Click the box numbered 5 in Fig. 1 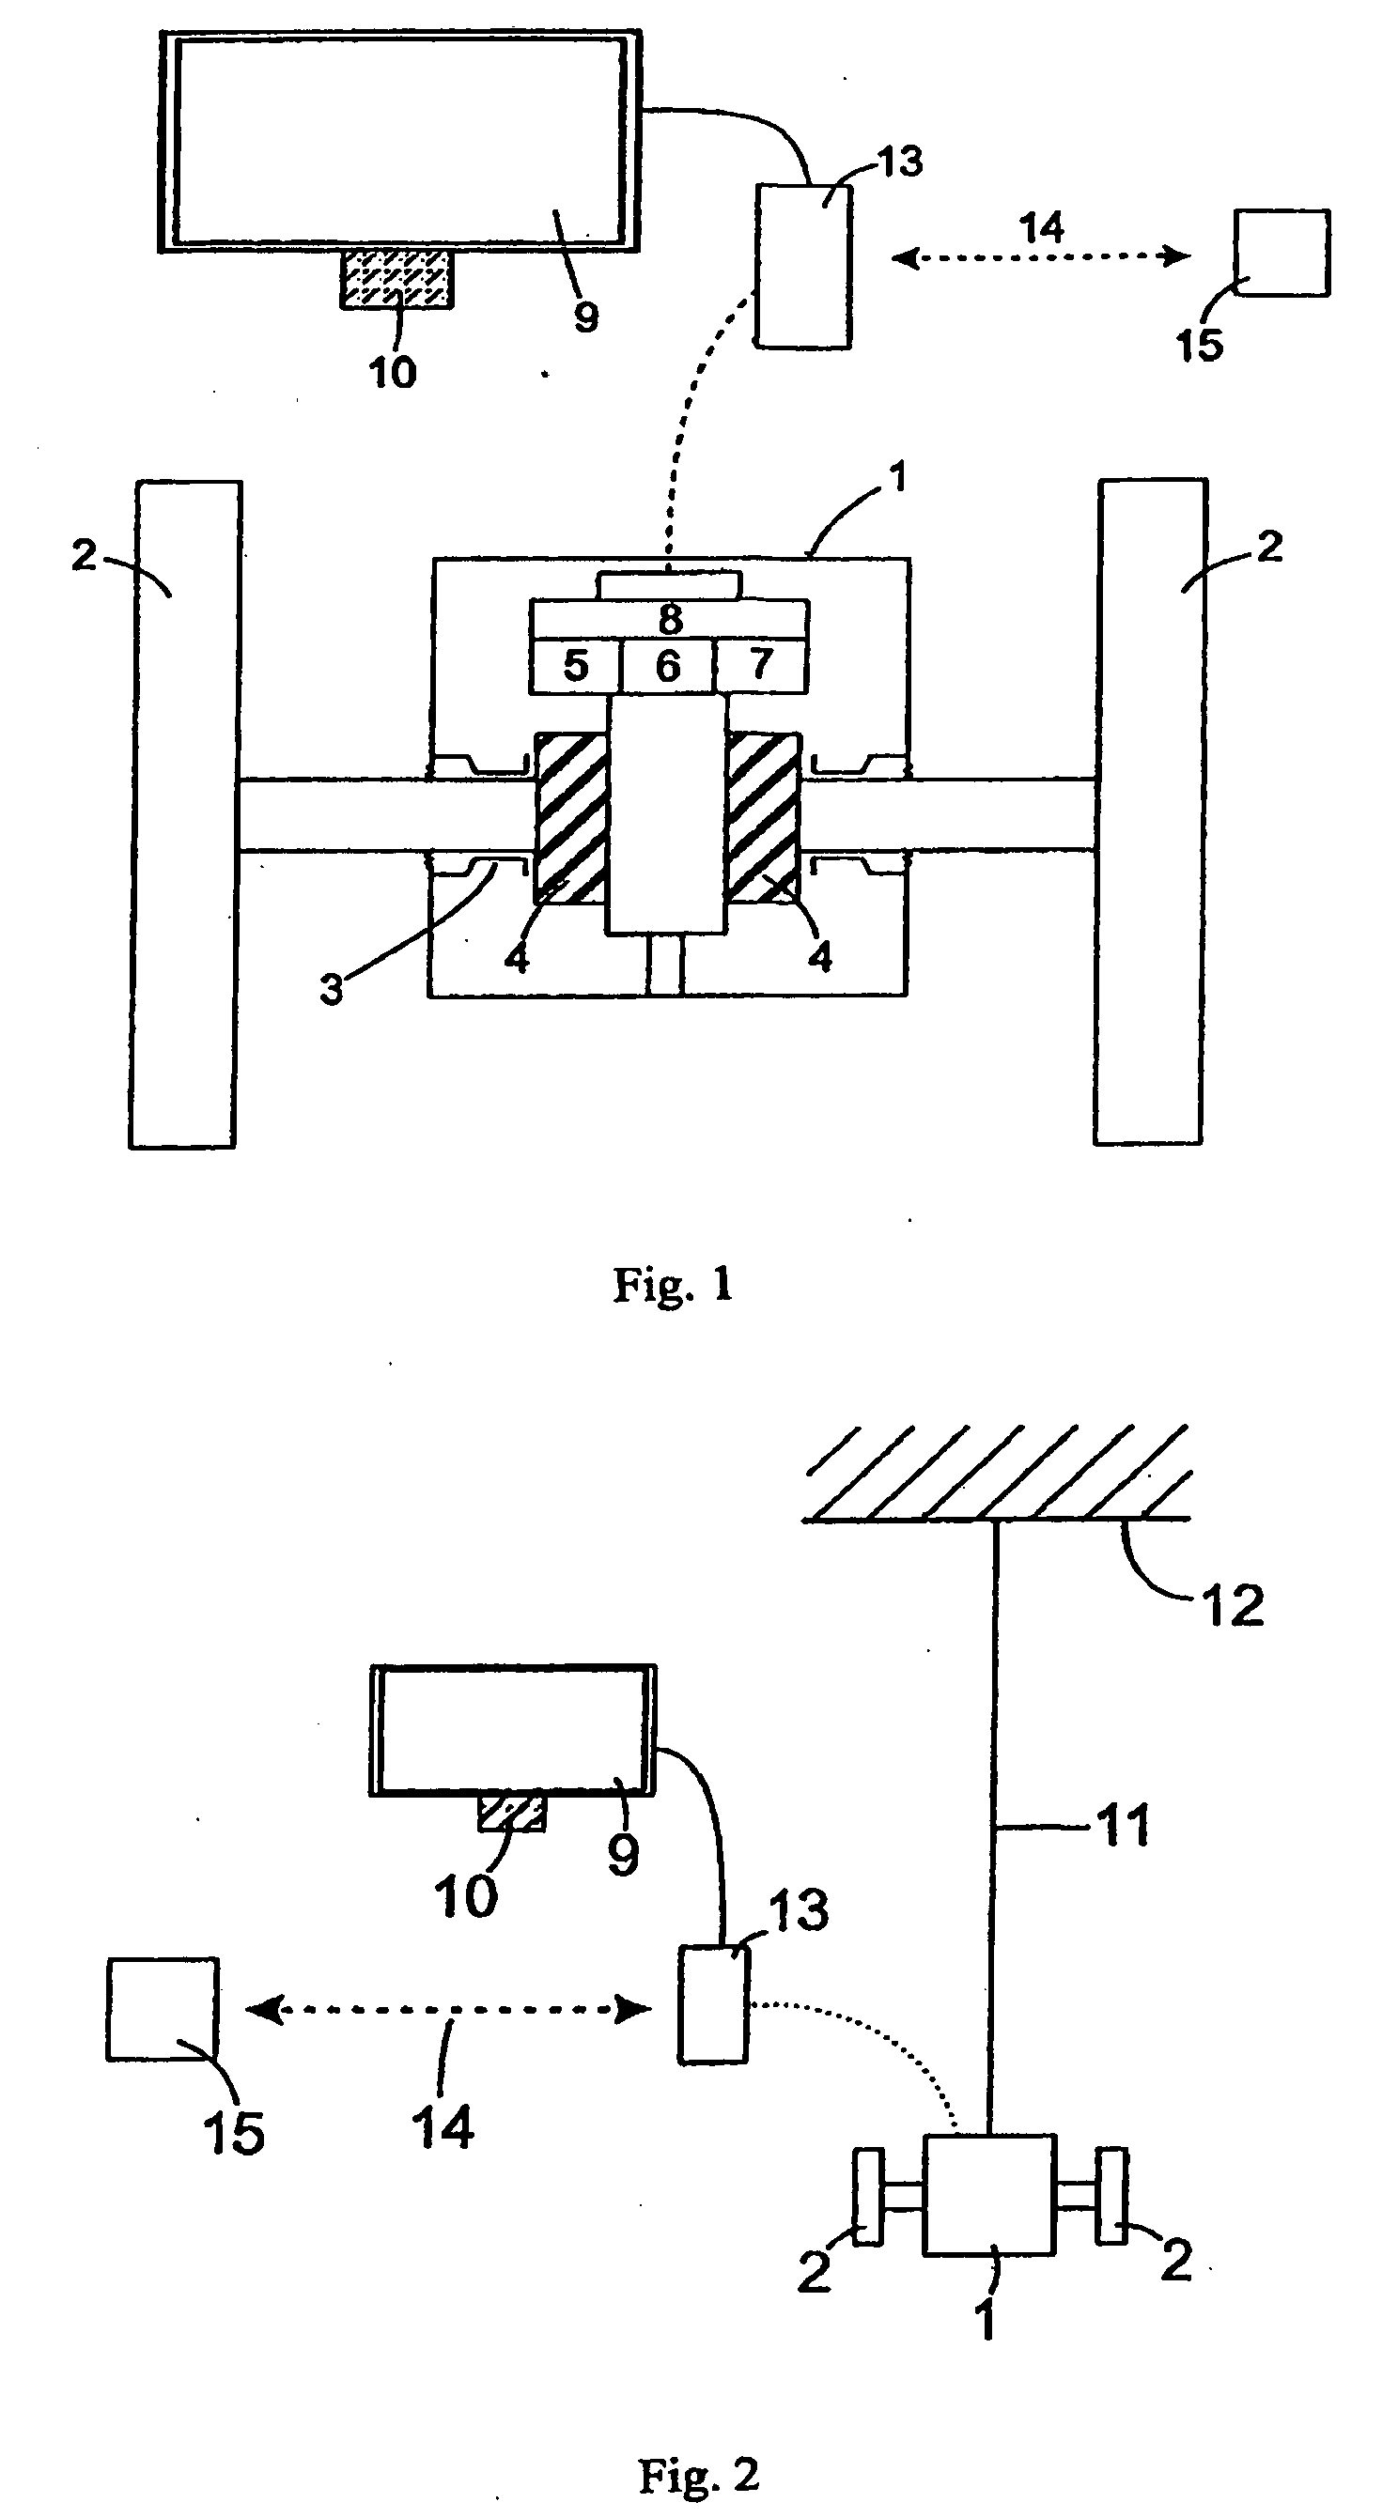point(575,667)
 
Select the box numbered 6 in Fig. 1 point(668,667)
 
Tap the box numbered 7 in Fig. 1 point(761,666)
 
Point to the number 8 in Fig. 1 point(670,619)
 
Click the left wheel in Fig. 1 point(184,813)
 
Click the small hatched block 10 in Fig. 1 point(396,279)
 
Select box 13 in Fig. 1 point(803,266)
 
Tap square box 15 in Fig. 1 point(1281,253)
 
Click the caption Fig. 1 point(673,1285)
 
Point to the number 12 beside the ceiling point(1234,1605)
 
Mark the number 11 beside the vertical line point(1125,1825)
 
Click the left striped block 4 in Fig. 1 point(571,818)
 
